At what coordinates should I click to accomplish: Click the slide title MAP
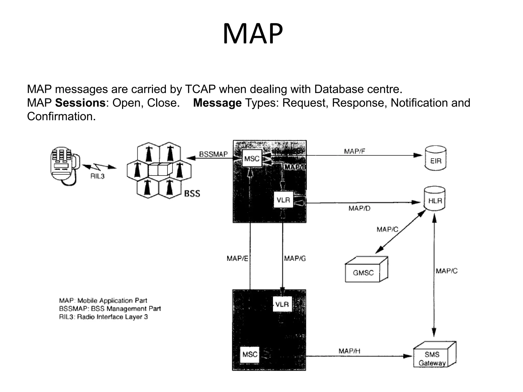253,34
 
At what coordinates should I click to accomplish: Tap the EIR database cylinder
436,158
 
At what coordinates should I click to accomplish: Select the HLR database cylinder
435,199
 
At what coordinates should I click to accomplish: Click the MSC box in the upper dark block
252,159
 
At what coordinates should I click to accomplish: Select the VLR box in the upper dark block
283,200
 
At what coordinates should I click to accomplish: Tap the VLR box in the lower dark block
282,304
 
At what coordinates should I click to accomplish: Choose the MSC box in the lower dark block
250,354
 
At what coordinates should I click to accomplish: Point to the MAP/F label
354,151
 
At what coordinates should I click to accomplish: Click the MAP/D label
359,209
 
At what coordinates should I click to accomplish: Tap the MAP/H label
349,351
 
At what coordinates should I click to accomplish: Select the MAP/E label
237,259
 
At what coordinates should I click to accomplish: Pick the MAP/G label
295,259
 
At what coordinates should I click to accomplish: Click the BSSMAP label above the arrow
213,154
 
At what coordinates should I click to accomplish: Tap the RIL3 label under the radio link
97,176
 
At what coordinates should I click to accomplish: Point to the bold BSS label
192,194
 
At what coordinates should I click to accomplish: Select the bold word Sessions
80,103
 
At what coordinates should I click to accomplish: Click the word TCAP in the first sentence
200,89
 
